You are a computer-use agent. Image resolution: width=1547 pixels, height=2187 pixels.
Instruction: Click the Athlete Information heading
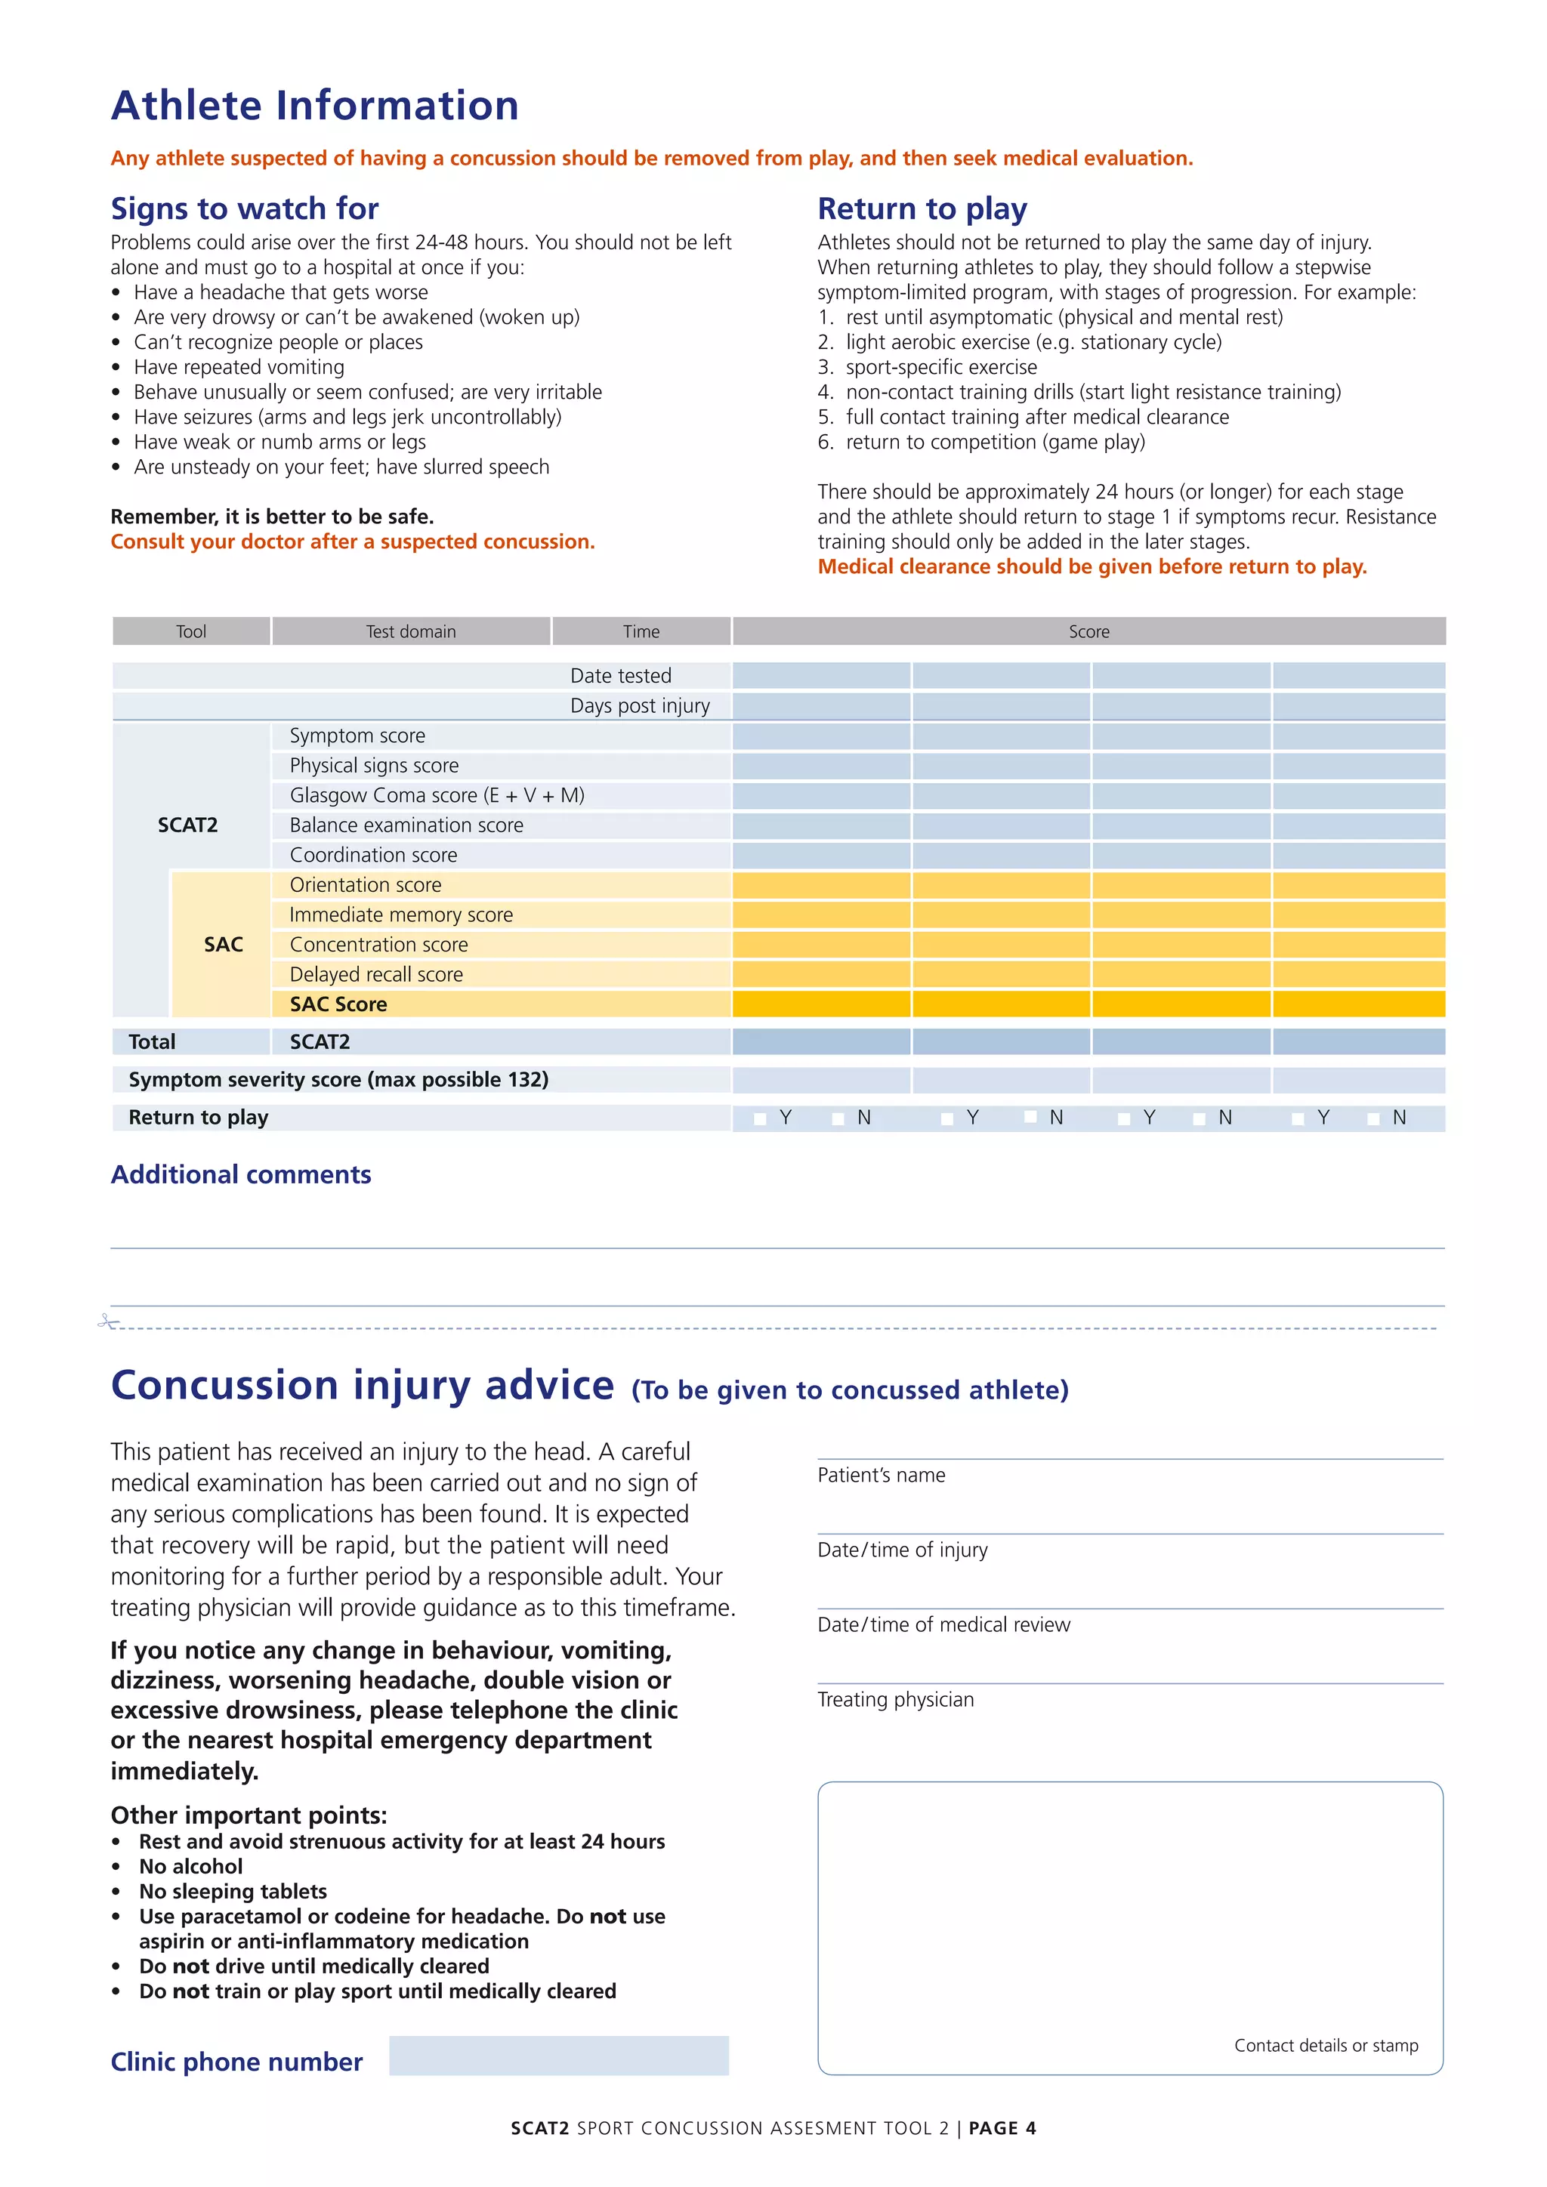(314, 106)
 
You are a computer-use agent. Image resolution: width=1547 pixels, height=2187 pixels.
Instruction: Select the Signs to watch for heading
(245, 208)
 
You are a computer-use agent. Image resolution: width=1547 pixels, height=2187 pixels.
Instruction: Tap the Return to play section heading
(922, 208)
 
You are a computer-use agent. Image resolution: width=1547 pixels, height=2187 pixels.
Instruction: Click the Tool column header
(190, 631)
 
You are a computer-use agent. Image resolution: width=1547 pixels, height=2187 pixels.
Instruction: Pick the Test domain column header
(411, 631)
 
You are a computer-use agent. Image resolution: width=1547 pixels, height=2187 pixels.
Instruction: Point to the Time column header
(641, 631)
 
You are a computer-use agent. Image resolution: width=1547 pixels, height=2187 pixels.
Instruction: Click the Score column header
(1088, 631)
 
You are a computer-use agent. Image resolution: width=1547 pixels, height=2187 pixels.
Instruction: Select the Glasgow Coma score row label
(437, 795)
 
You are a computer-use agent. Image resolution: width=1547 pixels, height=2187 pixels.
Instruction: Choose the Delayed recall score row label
(376, 974)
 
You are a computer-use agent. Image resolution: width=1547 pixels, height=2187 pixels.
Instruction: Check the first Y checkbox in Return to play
(760, 1118)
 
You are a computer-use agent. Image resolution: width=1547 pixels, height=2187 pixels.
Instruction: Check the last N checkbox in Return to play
(1373, 1118)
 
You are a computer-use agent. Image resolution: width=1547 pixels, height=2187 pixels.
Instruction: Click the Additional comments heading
(241, 1174)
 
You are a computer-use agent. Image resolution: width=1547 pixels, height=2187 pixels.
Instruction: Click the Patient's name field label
(882, 1476)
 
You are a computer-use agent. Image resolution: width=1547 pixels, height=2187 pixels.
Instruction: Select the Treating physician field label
(895, 1700)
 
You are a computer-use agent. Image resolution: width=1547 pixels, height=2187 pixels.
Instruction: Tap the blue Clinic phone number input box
(559, 2056)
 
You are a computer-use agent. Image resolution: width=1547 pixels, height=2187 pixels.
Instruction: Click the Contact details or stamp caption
(1326, 2045)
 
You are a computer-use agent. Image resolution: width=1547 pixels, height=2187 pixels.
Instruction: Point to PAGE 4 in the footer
(1002, 2128)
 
